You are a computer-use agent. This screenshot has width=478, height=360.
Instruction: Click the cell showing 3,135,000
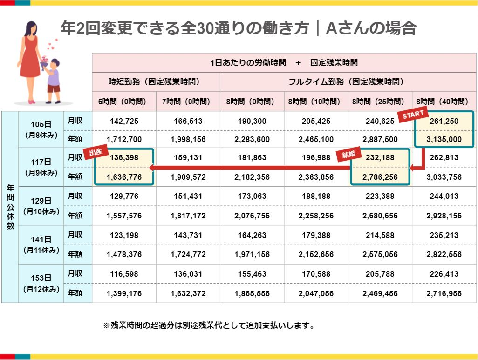[x=444, y=139]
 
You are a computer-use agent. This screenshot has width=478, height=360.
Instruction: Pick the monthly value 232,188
[x=380, y=158]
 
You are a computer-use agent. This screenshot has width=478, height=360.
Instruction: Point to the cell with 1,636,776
[x=124, y=177]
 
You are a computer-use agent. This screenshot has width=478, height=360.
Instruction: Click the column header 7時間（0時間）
[x=188, y=101]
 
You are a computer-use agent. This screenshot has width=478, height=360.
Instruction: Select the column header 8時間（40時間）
[x=444, y=101]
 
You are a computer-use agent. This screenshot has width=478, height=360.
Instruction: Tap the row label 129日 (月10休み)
[x=41, y=205]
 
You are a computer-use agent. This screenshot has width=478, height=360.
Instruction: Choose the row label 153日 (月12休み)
[x=41, y=284]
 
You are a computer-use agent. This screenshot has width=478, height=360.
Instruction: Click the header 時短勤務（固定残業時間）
[x=156, y=82]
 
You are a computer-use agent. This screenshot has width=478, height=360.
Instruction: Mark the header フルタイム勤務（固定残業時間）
[x=348, y=82]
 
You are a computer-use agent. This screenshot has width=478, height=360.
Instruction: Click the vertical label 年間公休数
[x=10, y=207]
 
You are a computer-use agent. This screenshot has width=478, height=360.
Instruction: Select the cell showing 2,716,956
[x=444, y=293]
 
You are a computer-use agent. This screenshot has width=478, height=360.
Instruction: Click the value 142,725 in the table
[x=124, y=121]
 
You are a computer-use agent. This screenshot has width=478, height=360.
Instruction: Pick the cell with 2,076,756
[x=252, y=216]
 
